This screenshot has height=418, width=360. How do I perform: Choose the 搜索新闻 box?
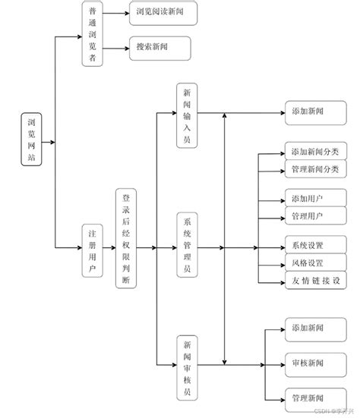pyautogui.click(x=159, y=48)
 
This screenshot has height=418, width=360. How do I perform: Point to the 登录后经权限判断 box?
pyautogui.click(x=127, y=239)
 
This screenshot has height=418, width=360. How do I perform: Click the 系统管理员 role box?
pyautogui.click(x=187, y=247)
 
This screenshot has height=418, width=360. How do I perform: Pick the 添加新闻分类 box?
pyautogui.click(x=315, y=151)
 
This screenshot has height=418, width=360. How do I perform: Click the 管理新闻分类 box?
pyautogui.click(x=315, y=168)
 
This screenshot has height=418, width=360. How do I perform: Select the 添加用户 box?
pyautogui.click(x=306, y=199)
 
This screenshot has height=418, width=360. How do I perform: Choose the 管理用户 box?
pyautogui.click(x=306, y=216)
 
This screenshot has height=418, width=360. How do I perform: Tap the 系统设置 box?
pyautogui.click(x=306, y=247)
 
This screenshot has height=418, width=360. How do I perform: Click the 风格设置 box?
pyautogui.click(x=306, y=263)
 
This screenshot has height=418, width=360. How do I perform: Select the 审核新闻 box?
pyautogui.click(x=306, y=363)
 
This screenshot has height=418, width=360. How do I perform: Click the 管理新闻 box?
pyautogui.click(x=306, y=398)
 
